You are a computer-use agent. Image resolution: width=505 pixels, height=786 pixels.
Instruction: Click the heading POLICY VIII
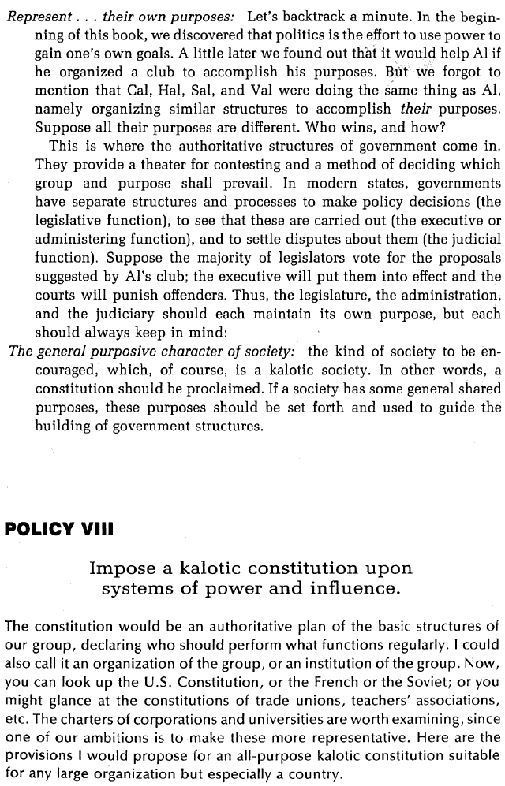click(x=60, y=528)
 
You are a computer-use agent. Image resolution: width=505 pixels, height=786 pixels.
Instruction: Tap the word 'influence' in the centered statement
click(x=366, y=588)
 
